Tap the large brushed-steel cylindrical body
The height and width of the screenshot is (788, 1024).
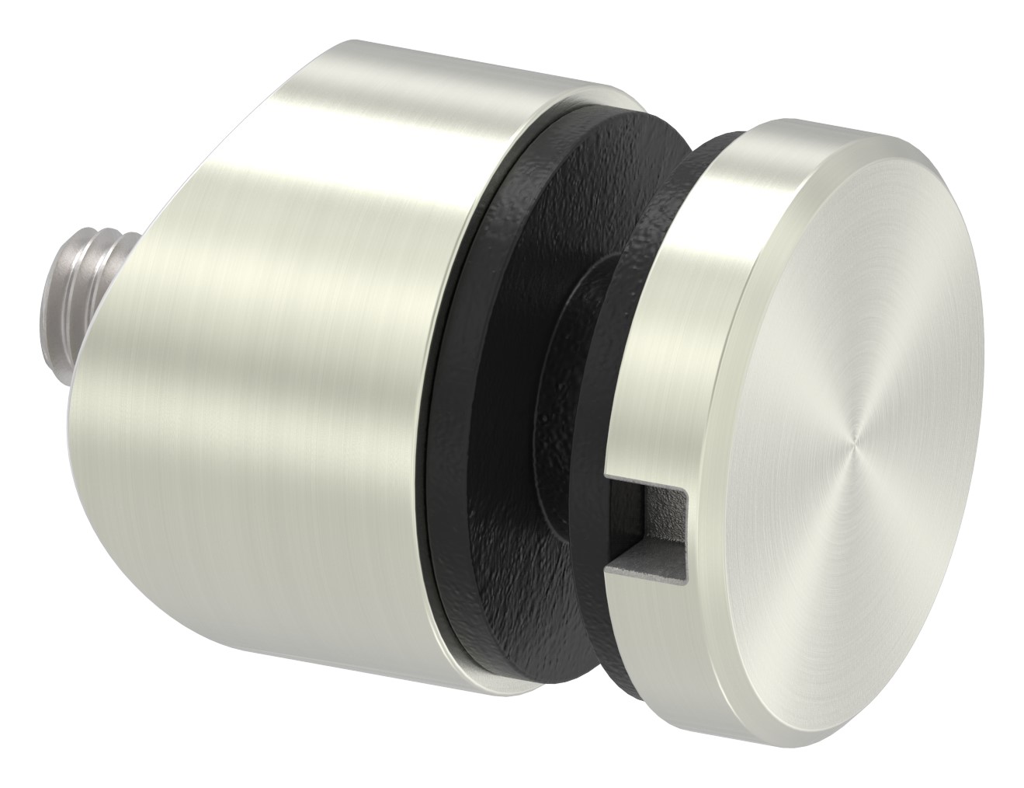coord(295,311)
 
